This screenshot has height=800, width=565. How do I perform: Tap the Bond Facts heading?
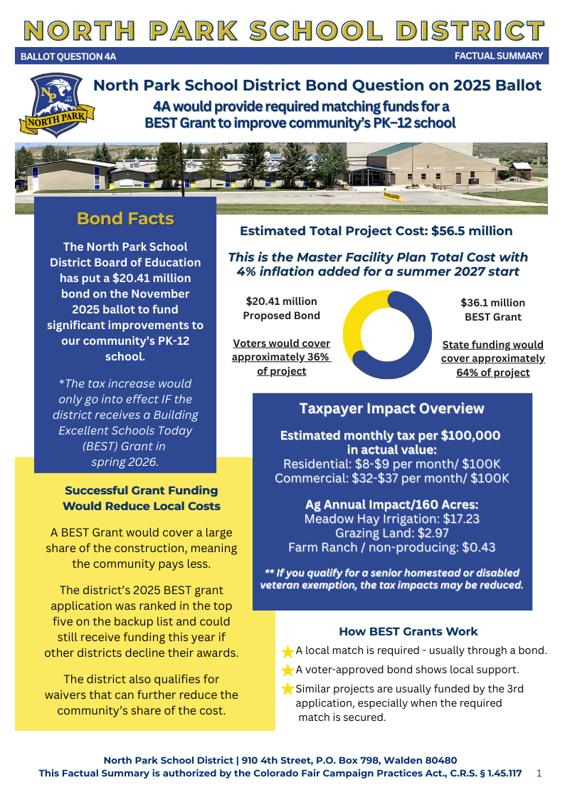pyautogui.click(x=125, y=219)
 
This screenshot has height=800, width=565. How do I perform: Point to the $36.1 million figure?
pyautogui.click(x=492, y=303)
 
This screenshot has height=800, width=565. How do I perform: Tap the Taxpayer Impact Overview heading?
pyautogui.click(x=391, y=409)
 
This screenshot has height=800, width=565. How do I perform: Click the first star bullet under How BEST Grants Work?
pyautogui.click(x=287, y=651)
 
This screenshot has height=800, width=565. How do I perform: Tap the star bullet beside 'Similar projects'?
pyautogui.click(x=287, y=689)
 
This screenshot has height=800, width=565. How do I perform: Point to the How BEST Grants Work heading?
pyautogui.click(x=408, y=632)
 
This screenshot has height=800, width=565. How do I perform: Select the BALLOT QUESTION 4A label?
pyautogui.click(x=68, y=56)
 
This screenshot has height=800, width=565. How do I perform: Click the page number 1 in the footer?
pyautogui.click(x=539, y=773)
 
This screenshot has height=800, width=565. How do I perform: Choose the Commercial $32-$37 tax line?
pyautogui.click(x=391, y=478)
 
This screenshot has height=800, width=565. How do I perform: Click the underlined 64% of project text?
pyautogui.click(x=492, y=373)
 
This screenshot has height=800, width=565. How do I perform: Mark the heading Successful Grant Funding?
pyautogui.click(x=141, y=491)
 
